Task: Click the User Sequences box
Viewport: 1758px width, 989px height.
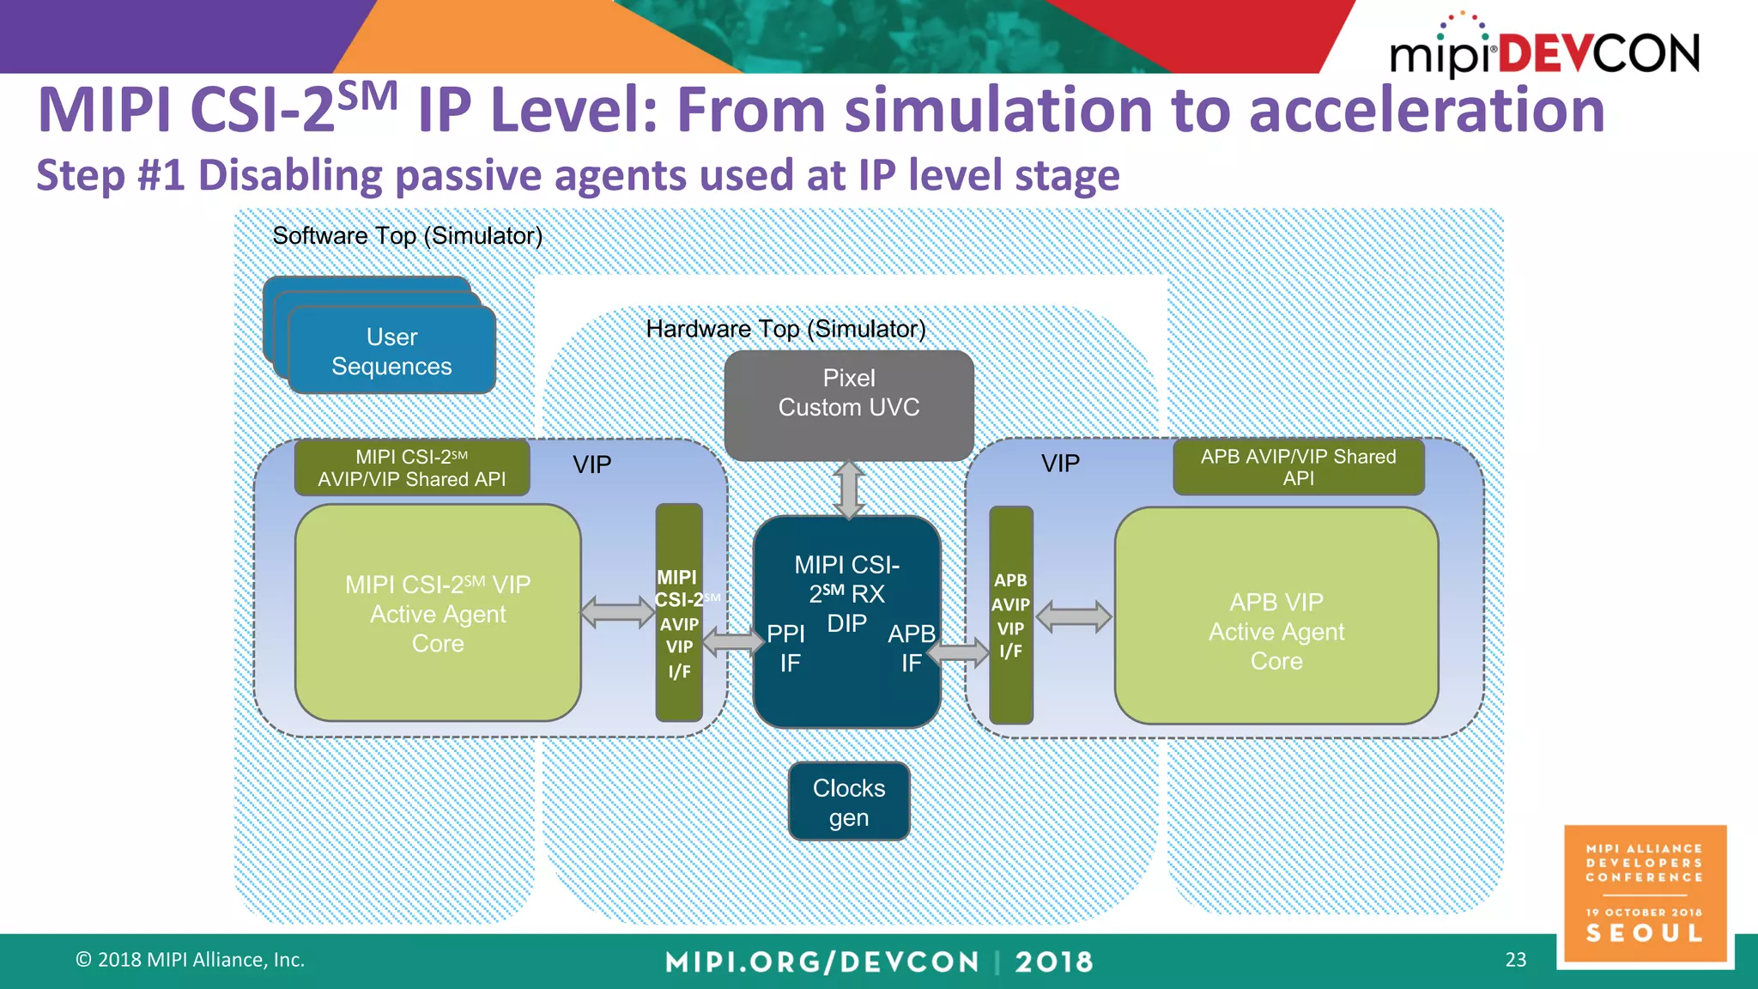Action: coord(391,351)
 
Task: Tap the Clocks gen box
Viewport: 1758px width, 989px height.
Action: coord(848,802)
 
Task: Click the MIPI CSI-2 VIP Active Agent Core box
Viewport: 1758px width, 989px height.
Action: coord(438,613)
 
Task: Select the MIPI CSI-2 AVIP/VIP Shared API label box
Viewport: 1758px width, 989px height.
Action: coord(411,468)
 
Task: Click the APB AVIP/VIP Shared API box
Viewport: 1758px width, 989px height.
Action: coord(1298,467)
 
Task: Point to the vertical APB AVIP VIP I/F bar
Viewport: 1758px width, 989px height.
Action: coord(1010,616)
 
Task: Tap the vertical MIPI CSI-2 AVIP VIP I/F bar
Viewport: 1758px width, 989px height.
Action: coord(678,613)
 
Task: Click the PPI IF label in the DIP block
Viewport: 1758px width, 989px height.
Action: coord(786,648)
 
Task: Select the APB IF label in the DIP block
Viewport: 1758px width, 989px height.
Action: coord(911,648)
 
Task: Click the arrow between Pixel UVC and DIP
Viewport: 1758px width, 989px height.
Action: coord(848,489)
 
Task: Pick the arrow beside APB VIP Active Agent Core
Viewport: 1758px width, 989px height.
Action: coord(1073,616)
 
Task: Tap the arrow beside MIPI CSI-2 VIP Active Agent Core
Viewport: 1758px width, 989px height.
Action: coord(617,612)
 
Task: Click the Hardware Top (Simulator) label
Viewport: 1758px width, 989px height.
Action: coord(785,329)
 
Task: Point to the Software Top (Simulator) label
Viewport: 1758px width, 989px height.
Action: coord(407,236)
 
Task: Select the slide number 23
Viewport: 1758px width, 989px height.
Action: coord(1515,960)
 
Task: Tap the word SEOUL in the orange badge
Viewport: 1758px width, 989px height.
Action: coord(1644,933)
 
